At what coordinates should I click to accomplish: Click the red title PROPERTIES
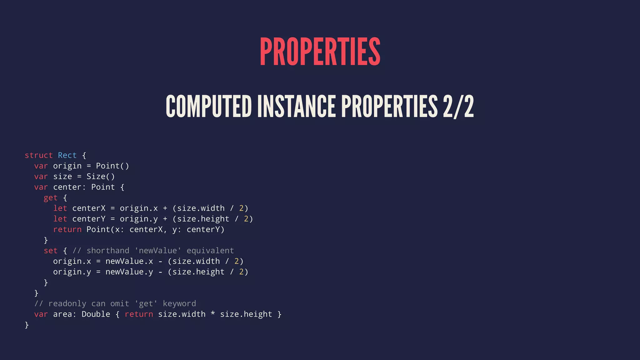click(x=320, y=52)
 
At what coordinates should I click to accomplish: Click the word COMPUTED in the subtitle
click(x=208, y=107)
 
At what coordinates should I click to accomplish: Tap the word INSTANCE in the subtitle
click(x=296, y=107)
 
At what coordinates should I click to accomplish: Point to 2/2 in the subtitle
click(x=458, y=107)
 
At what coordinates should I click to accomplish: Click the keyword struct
click(x=39, y=155)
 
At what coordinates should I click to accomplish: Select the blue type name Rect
click(x=67, y=155)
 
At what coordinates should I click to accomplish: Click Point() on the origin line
click(x=112, y=166)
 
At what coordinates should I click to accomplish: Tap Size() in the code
click(x=101, y=177)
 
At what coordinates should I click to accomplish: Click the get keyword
click(x=51, y=198)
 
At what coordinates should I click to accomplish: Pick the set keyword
click(x=51, y=251)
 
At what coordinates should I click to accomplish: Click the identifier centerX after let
click(x=89, y=208)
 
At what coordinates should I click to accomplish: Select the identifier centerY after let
click(x=89, y=219)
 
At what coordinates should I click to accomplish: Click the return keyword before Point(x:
click(x=67, y=230)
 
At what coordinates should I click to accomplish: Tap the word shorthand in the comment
click(x=108, y=251)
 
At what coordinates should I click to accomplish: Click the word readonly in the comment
click(x=67, y=304)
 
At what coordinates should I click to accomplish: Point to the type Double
click(x=96, y=314)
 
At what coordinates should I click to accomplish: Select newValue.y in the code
click(x=129, y=272)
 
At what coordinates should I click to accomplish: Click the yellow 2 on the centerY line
click(x=246, y=219)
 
